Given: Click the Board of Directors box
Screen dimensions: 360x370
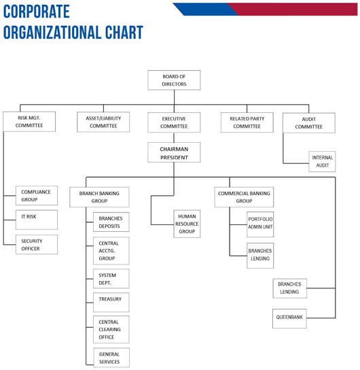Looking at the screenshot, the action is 174,80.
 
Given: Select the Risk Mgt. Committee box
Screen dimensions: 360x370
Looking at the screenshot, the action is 29,122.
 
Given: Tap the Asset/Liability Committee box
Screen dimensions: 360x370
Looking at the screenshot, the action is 103,122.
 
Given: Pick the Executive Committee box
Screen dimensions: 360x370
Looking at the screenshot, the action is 174,122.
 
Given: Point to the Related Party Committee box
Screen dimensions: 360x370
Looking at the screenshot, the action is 247,122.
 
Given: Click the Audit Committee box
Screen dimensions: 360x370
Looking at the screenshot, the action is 309,123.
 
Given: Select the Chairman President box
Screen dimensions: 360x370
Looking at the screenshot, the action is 174,152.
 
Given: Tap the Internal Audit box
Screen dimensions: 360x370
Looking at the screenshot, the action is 322,161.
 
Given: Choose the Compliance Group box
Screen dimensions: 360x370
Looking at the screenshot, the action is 37,196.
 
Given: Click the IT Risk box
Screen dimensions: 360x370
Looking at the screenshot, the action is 37,220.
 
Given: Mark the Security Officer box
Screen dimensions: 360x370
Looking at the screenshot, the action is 37,244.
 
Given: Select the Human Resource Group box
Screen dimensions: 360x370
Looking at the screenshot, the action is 187,224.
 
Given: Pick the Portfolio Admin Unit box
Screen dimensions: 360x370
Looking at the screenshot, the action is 260,224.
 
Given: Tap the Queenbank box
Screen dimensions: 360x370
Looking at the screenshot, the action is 289,318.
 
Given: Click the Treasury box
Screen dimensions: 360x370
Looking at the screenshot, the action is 111,302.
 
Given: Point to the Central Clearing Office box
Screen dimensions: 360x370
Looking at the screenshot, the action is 111,329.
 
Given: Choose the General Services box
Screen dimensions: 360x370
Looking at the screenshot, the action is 111,358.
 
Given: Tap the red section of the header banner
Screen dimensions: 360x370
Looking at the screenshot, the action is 295,10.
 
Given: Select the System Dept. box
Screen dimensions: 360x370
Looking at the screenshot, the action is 111,279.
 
